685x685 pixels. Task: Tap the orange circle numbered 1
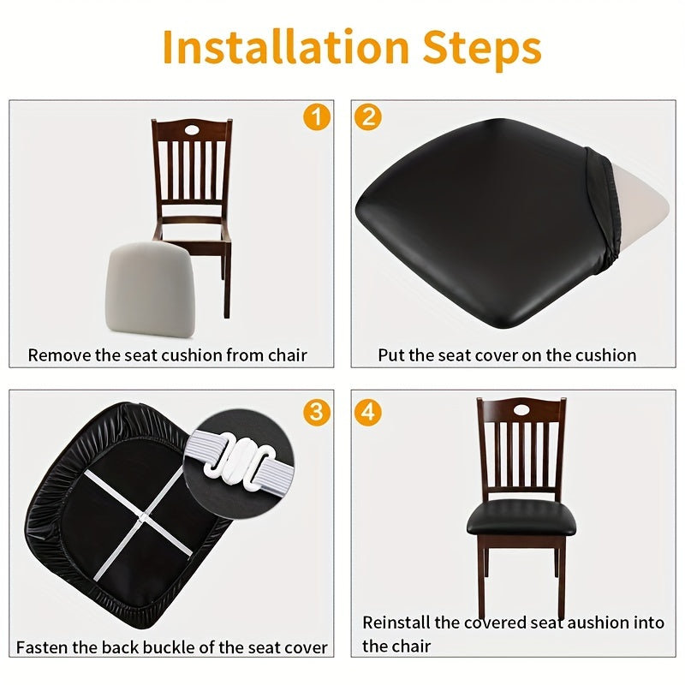coord(316,116)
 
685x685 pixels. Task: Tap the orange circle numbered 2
coord(367,116)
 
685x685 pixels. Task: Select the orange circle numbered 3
coord(316,412)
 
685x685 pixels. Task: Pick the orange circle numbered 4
coord(367,412)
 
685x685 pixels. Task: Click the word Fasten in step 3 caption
coord(43,648)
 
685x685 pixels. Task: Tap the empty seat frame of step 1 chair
coord(193,230)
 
